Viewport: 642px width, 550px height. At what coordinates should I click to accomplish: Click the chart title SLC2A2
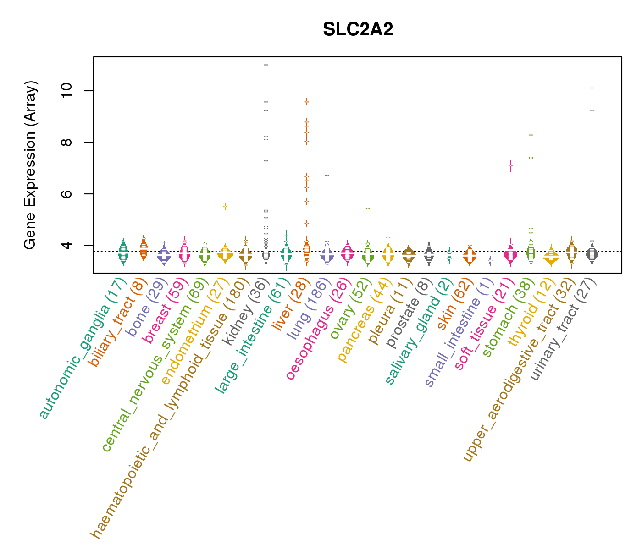pos(358,30)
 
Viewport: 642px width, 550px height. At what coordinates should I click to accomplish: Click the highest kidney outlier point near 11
pos(266,65)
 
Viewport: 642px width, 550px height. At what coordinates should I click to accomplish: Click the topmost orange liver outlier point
pos(306,102)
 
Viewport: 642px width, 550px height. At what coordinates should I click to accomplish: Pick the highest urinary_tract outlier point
pos(592,88)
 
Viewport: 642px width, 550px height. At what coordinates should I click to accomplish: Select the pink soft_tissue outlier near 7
pos(510,166)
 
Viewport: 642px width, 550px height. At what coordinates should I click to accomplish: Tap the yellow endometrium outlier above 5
pos(225,207)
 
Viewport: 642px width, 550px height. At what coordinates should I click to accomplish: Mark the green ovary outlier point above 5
pos(368,209)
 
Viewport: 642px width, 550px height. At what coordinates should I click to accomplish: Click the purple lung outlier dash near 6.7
pos(327,175)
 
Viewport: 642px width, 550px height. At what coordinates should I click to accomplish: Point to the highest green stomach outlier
pos(531,135)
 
